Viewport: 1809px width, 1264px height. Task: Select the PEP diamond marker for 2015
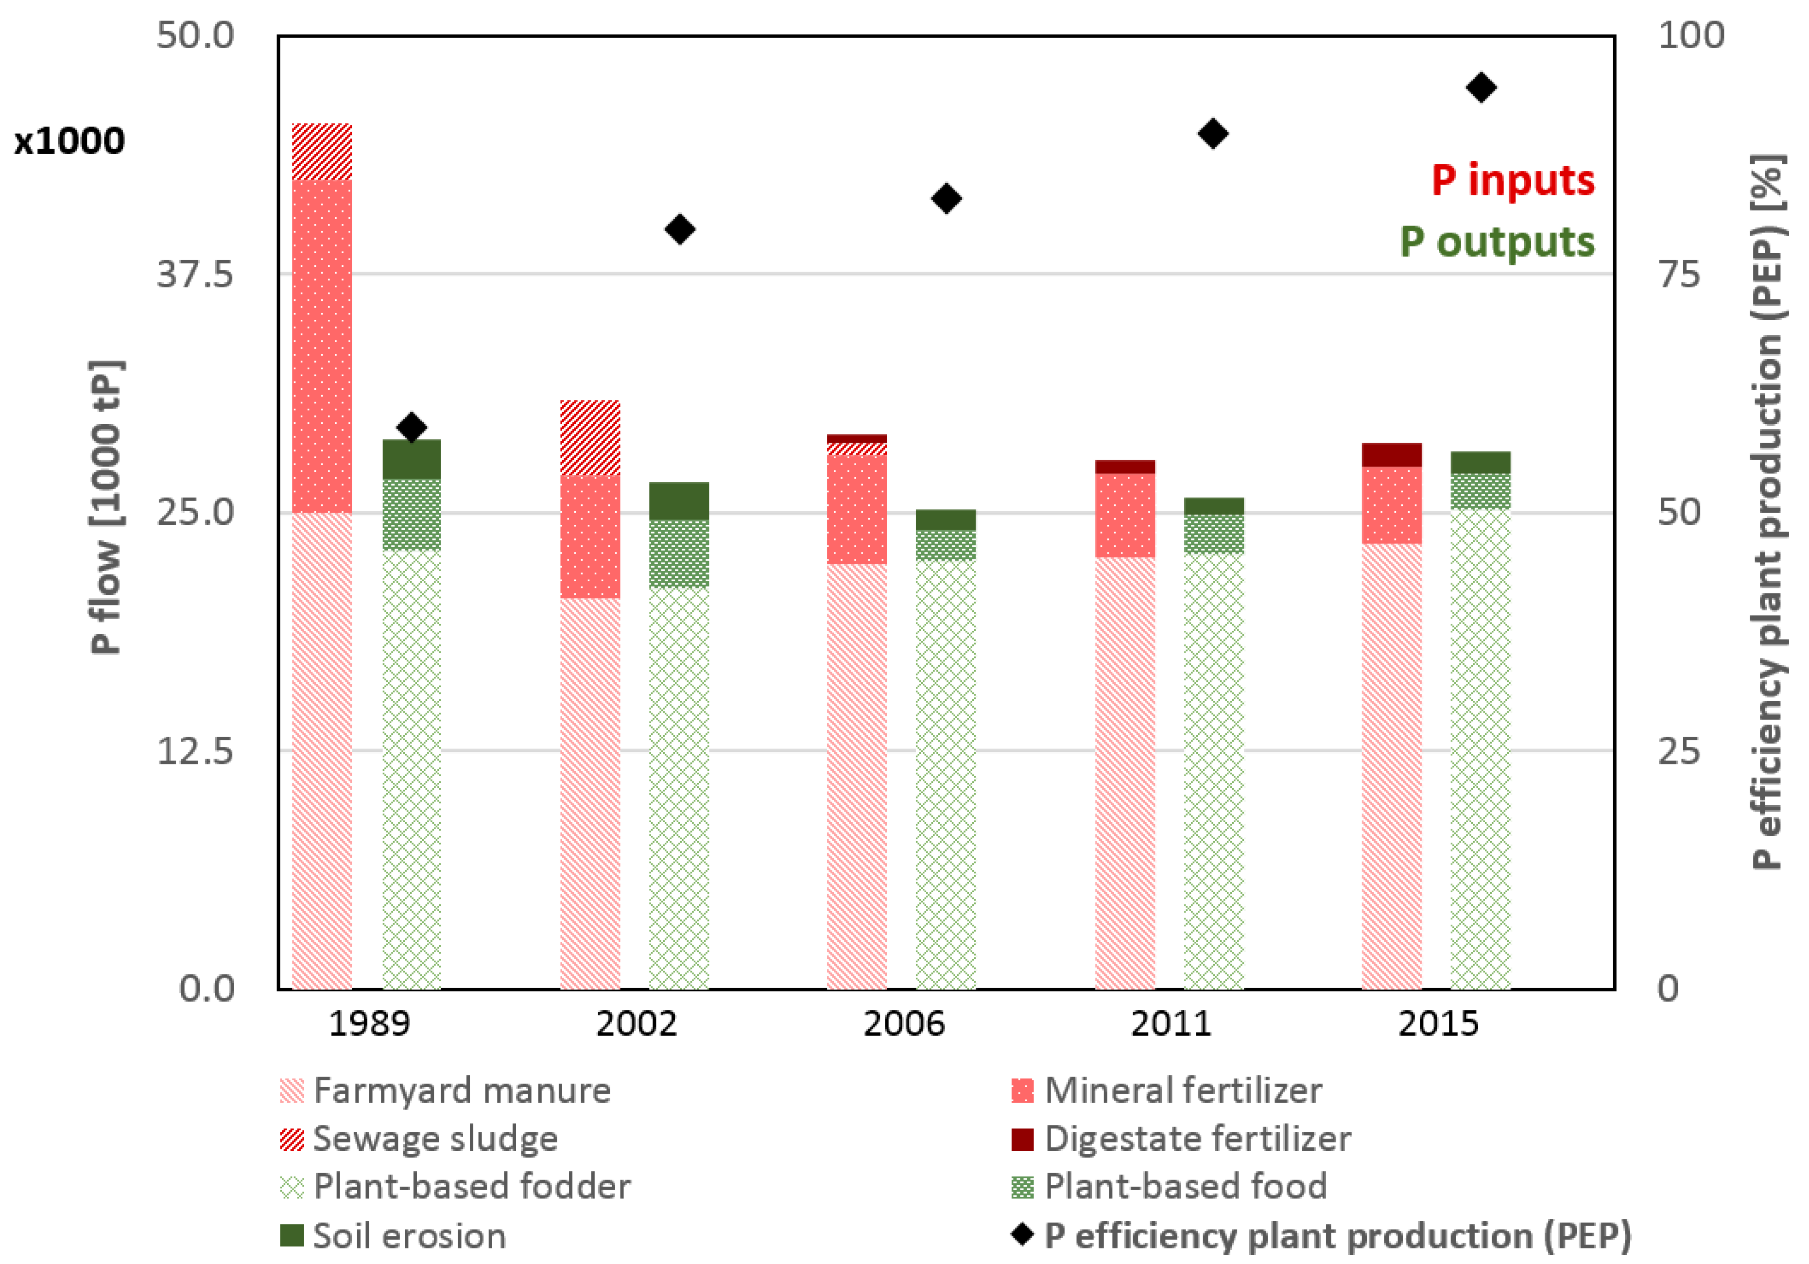[x=1481, y=87]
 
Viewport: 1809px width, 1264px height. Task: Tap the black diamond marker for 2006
[x=946, y=199]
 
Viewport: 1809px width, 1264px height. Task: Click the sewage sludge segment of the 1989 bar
[x=322, y=151]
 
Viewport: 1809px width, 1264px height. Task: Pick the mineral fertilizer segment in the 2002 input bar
[x=590, y=537]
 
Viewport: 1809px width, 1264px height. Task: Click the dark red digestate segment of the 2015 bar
[x=1392, y=455]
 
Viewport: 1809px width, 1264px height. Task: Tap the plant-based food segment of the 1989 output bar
[x=411, y=514]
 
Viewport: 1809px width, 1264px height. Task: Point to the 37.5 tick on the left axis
[x=195, y=274]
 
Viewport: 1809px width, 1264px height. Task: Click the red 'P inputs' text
[x=1512, y=180]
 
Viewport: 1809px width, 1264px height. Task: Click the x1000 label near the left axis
[x=69, y=141]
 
